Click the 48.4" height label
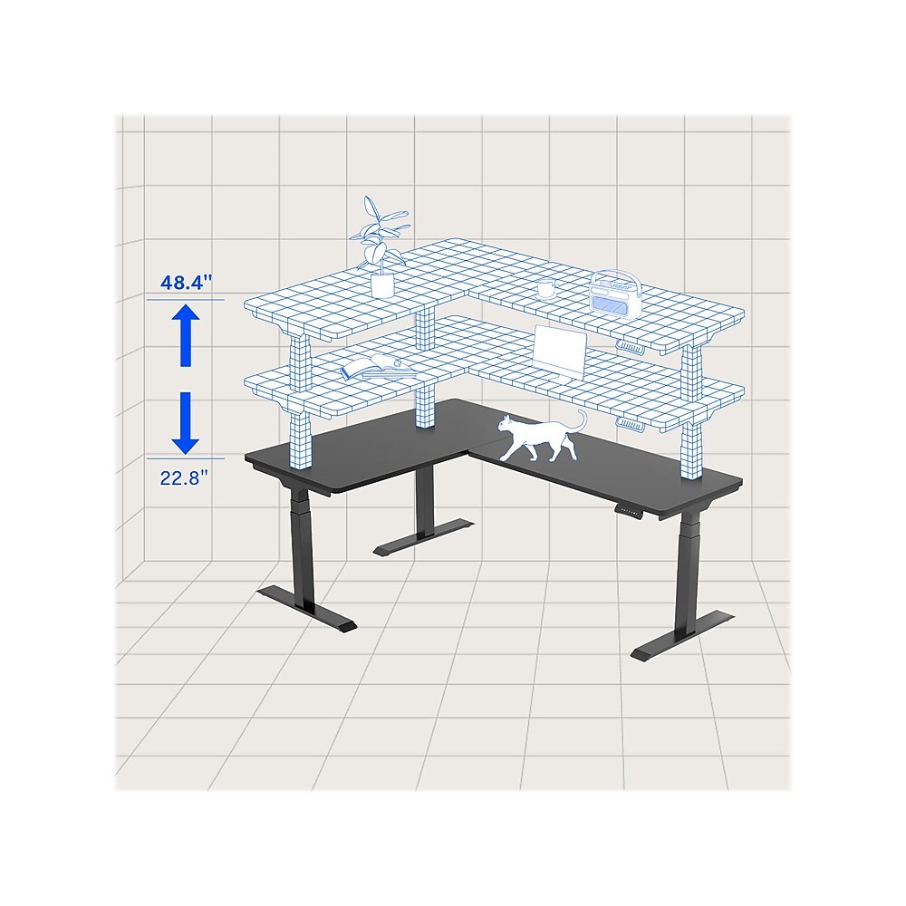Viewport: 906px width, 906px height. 186,283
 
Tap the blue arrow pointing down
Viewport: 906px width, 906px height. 185,423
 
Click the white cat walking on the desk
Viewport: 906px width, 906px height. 540,437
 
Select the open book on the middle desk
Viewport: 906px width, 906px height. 376,368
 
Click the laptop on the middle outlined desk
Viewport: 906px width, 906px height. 559,352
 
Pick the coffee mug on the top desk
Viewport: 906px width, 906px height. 546,288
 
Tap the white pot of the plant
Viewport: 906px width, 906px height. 382,285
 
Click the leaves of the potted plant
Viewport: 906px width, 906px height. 379,234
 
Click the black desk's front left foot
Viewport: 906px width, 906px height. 307,611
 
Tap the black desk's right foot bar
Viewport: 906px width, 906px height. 682,636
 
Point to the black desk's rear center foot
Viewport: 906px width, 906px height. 423,536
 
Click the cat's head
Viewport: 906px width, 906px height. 506,425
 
